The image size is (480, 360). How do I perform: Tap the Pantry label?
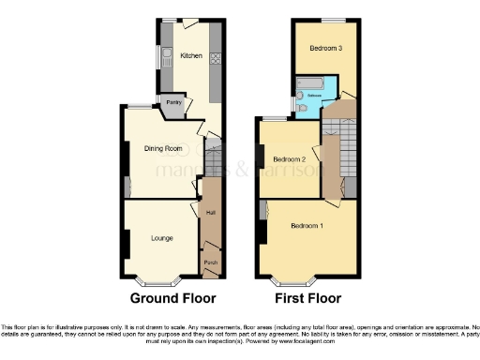[x=172, y=102]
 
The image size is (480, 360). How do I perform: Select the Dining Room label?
[x=161, y=148]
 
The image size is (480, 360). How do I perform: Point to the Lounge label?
[x=162, y=238]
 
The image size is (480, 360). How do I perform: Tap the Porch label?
[x=210, y=263]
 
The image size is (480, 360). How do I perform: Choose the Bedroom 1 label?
[x=307, y=227]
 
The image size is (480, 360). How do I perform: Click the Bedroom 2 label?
[x=291, y=160]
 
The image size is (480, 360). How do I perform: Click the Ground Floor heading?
[x=171, y=300]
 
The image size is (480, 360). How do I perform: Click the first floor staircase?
[x=345, y=142]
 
